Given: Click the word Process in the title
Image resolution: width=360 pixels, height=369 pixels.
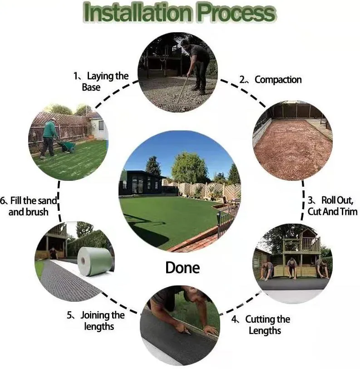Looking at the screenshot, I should tap(236, 14).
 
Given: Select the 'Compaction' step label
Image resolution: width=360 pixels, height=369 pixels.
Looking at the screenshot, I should tap(277, 80).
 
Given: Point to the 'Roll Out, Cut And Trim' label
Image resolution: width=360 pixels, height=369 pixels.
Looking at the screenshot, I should tap(330, 205).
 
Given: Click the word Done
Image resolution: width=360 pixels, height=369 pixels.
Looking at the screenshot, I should tap(182, 267).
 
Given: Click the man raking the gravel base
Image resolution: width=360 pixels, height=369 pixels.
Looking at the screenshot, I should tap(196, 64).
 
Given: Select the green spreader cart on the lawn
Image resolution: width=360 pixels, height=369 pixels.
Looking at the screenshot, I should tap(69, 146).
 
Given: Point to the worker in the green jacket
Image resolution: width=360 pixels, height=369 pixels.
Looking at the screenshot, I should tap(49, 137).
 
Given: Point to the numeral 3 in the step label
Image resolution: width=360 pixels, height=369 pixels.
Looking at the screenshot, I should tap(311, 200).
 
